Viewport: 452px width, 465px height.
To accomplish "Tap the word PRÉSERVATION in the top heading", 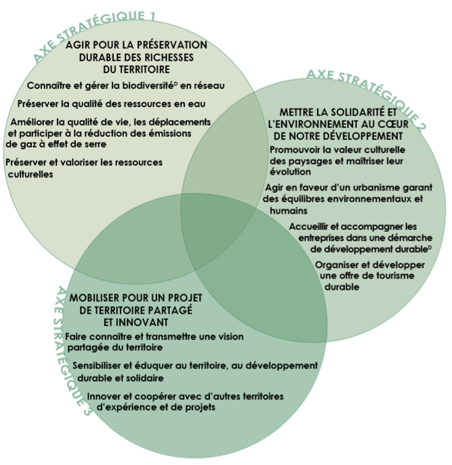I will pos(167,45).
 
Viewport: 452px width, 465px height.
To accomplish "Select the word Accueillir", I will pos(314,225).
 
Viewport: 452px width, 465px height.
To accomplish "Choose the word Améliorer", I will pos(34,122).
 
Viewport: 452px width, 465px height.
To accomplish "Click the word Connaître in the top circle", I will pos(49,86).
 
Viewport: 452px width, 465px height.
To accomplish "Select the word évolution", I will pos(291,172).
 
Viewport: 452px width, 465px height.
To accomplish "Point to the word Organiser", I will pos(342,265).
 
